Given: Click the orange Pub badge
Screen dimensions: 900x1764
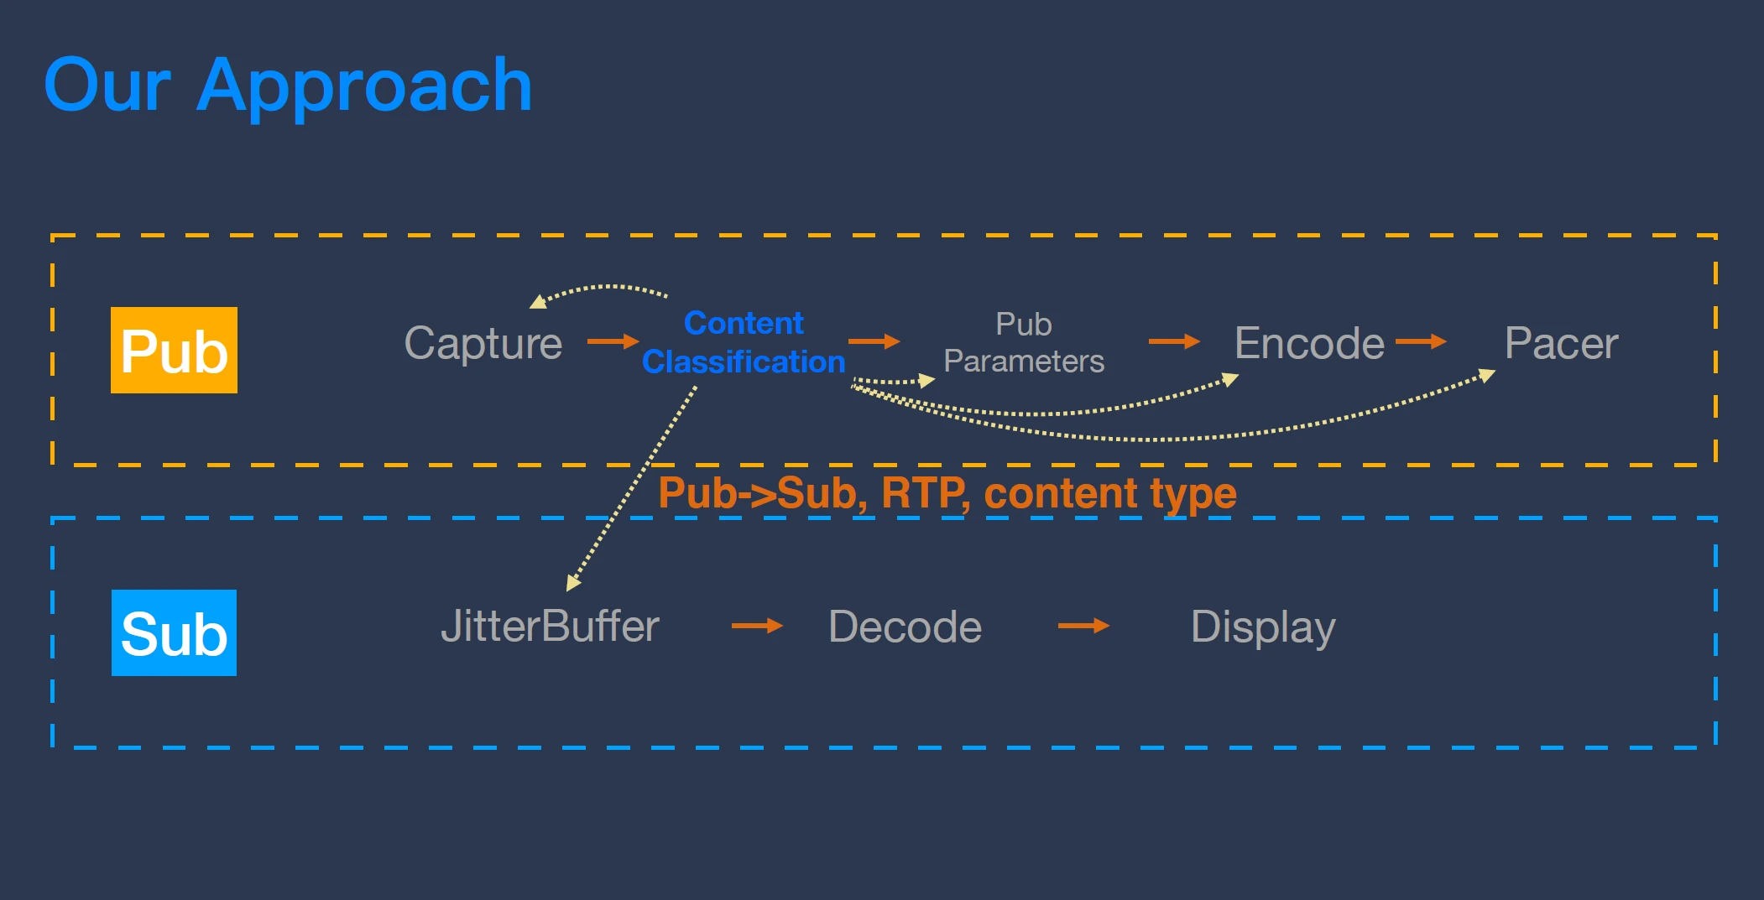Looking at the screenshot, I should click(x=174, y=350).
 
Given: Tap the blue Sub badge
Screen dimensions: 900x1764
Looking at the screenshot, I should click(x=174, y=632).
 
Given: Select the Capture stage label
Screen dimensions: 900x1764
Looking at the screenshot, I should click(x=483, y=344).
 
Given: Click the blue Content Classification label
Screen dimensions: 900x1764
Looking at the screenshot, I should click(x=744, y=342).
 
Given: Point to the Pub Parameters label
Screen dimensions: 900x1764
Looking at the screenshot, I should click(x=1024, y=342).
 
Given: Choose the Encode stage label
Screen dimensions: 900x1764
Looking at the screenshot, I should click(x=1309, y=343).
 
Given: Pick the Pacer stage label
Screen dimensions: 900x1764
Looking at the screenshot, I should click(x=1561, y=343).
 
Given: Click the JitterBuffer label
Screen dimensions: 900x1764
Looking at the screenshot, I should click(x=550, y=627).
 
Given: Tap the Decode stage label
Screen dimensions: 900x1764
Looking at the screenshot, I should click(x=905, y=627).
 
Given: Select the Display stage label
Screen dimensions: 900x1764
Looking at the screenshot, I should click(x=1263, y=627).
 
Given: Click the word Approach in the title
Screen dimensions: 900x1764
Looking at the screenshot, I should click(x=364, y=86).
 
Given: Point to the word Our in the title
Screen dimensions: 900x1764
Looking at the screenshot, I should click(x=107, y=86).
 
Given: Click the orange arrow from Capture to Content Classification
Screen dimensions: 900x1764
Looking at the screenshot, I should click(x=613, y=341).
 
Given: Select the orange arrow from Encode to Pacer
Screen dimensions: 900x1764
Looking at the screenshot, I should click(x=1421, y=341).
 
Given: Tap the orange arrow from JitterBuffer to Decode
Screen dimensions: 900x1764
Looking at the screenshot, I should click(x=757, y=626).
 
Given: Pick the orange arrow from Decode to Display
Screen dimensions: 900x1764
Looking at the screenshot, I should click(x=1083, y=626).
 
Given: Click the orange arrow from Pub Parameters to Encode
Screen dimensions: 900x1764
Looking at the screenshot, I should click(x=1174, y=341).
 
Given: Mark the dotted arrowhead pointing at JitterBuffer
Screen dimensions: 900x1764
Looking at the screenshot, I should click(x=573, y=582).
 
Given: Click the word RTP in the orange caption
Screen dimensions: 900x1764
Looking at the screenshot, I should click(x=924, y=493).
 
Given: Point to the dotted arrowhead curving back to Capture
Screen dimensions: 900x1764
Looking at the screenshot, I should click(x=538, y=301).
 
